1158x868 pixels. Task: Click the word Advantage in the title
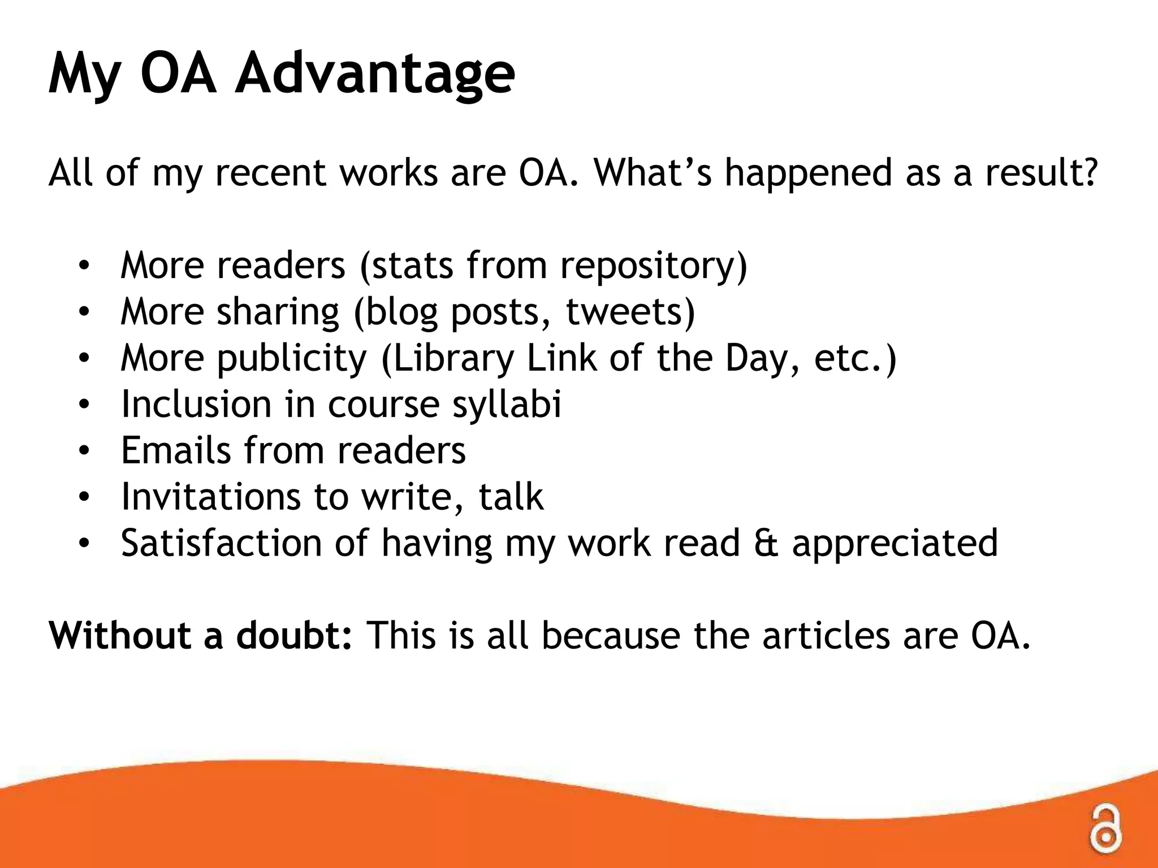coord(375,74)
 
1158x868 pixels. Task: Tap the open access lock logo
coord(1105,828)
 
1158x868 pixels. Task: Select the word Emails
coord(176,450)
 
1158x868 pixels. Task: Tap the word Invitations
coord(210,497)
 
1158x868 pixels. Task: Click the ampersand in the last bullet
coord(766,543)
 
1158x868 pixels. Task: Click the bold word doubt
coord(294,635)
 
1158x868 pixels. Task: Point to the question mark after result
coord(1089,172)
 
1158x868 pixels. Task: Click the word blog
coord(401,313)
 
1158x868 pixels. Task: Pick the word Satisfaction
coord(221,543)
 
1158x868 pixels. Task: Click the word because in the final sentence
coord(611,635)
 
